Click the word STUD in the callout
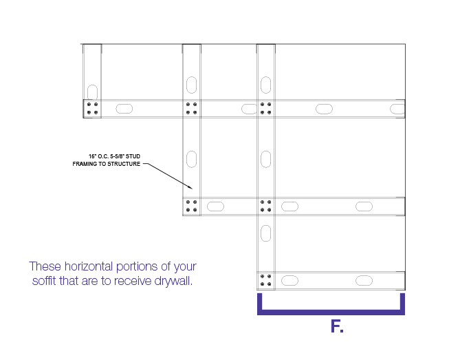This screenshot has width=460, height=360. tap(133, 156)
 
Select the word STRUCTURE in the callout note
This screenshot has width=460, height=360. tap(123, 164)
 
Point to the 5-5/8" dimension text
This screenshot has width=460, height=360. tap(117, 156)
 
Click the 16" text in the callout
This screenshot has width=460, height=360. tap(92, 156)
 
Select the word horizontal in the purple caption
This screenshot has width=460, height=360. tap(89, 266)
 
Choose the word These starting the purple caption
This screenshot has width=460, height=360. tap(45, 266)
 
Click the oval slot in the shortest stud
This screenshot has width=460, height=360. tap(92, 92)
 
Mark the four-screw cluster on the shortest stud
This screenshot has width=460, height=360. tap(92, 108)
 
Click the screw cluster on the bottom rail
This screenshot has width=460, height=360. tap(266, 280)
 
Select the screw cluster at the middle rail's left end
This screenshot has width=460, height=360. tap(192, 206)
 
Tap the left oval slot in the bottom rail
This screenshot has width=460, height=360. tap(290, 281)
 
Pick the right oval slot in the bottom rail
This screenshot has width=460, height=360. tap(364, 281)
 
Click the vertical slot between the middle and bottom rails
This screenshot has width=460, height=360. tap(266, 233)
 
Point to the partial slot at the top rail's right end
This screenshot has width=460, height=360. tap(397, 109)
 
